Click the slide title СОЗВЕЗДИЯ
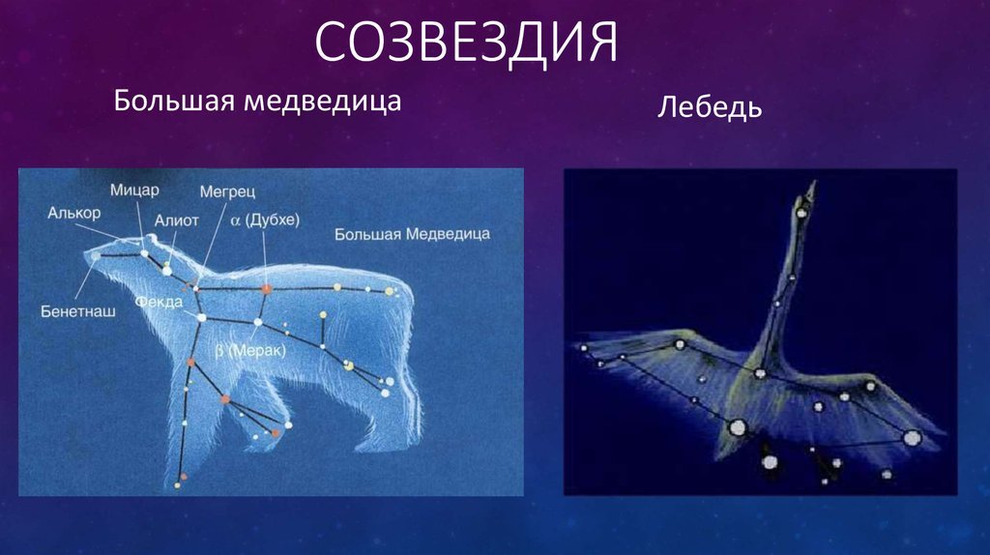point(466,43)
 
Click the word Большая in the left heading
point(175,101)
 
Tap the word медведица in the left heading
point(323,102)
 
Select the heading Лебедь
point(710,106)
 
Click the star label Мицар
point(134,190)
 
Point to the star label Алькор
point(73,213)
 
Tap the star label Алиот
point(177,220)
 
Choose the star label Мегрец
point(227,191)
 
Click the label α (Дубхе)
point(265,219)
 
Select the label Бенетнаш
point(78,311)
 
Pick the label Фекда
point(160,302)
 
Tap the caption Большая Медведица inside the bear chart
point(412,234)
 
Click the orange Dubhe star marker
point(267,288)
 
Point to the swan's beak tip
point(813,183)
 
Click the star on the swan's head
point(801,213)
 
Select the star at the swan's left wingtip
point(583,348)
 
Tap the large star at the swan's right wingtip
point(912,437)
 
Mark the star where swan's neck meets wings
point(760,374)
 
